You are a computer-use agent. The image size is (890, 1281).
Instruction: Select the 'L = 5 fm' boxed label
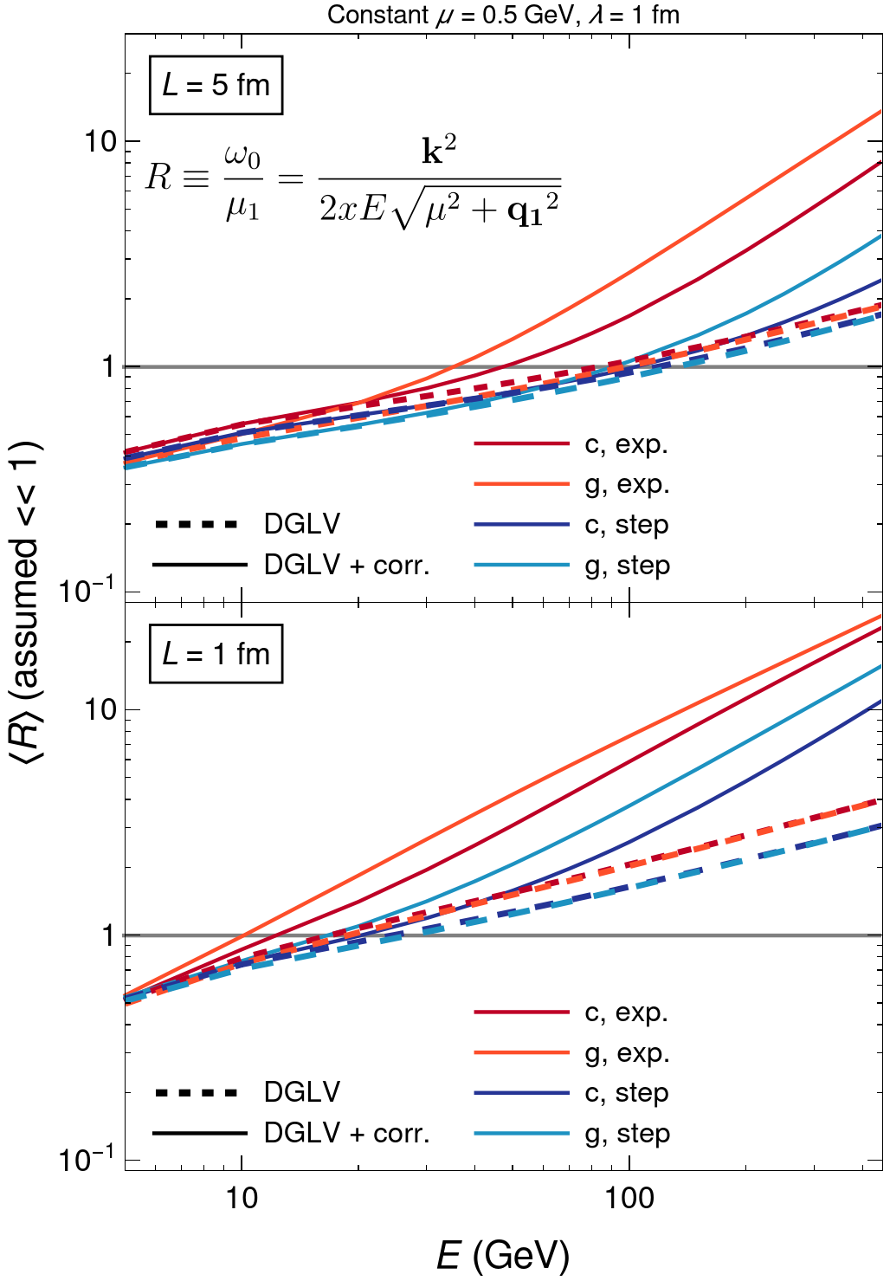tap(216, 85)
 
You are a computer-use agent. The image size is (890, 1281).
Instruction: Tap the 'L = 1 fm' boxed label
tap(216, 654)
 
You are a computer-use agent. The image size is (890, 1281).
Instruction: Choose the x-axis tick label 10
tap(242, 1198)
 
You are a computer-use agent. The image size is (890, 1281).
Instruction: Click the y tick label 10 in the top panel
tap(100, 141)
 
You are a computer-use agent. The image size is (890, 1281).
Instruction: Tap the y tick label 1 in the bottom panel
tap(108, 935)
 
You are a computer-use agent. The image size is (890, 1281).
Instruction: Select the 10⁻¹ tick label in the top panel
tap(87, 591)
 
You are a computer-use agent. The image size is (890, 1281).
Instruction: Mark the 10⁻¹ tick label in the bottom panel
tap(87, 1159)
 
